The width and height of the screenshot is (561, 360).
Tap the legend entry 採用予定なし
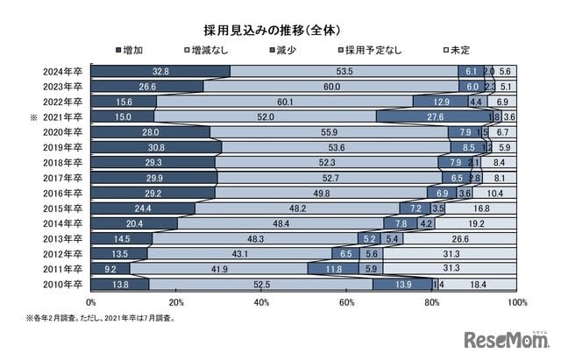373,50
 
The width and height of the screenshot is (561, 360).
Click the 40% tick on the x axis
261,301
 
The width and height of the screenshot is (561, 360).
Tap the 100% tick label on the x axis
517,301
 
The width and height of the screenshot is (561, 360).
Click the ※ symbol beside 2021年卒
33,116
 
